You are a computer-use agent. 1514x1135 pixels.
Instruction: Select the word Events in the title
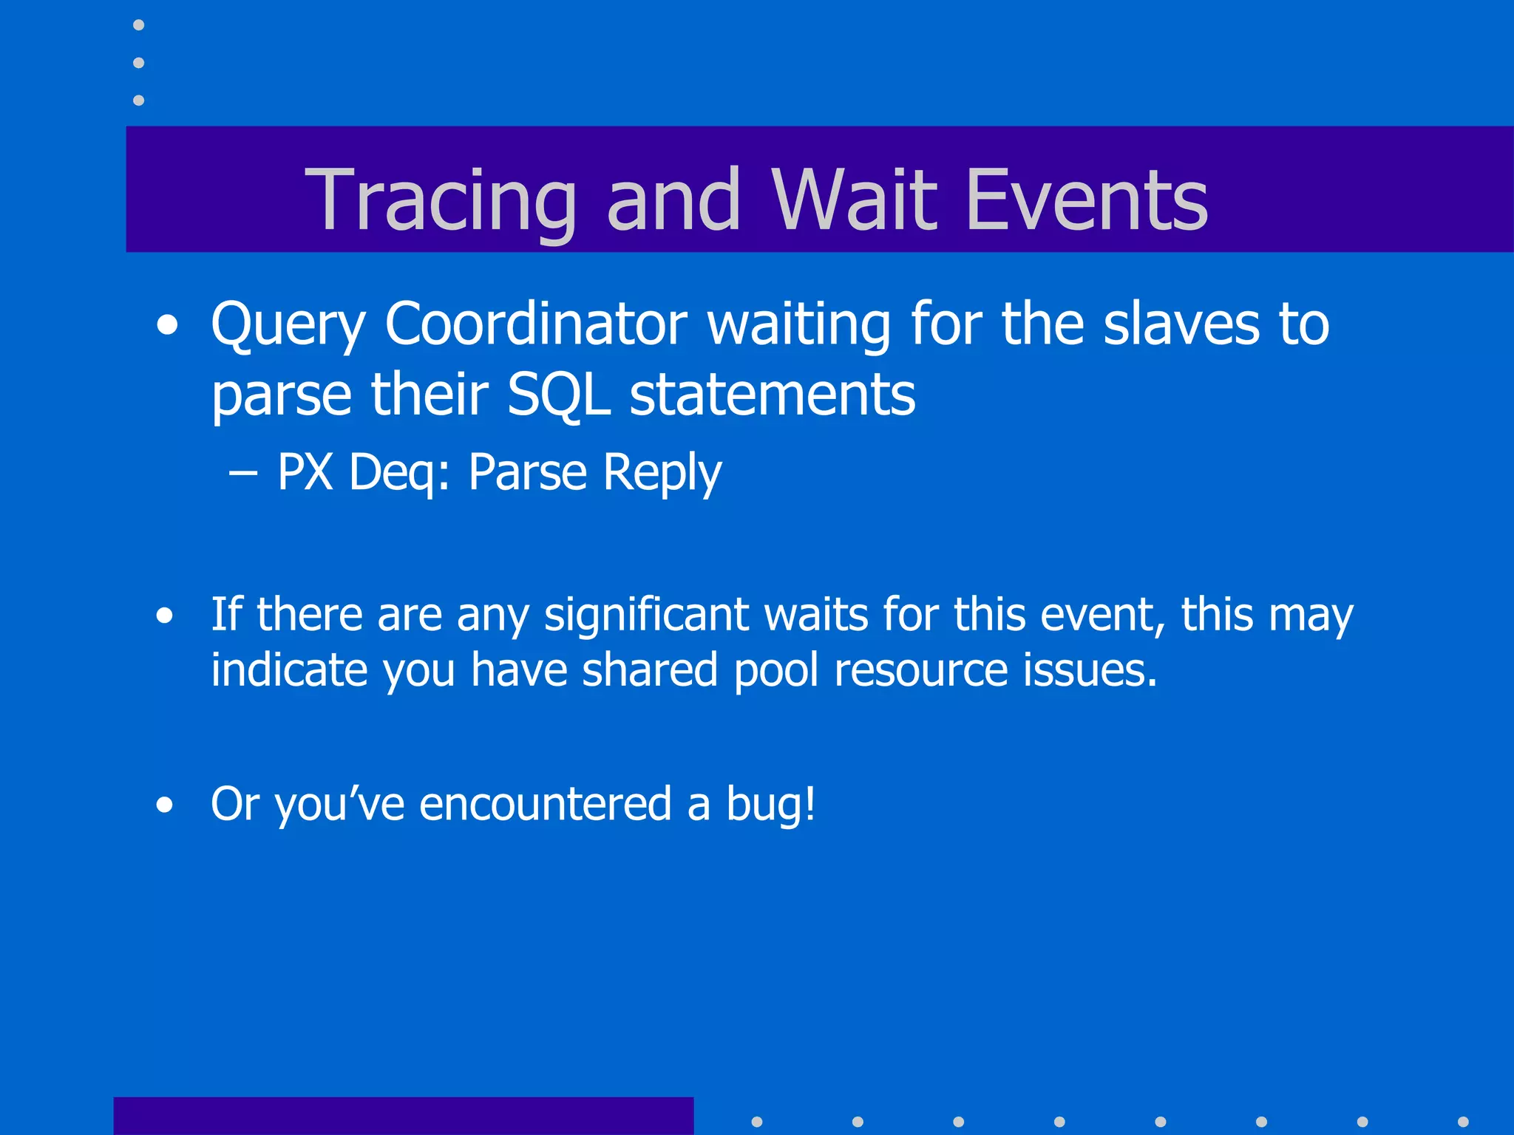[1087, 200]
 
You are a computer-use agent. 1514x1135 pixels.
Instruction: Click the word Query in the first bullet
[288, 325]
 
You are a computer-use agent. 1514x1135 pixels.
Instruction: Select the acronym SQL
[559, 395]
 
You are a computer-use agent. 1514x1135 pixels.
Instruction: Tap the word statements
[773, 395]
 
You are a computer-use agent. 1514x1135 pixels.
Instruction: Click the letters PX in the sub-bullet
[305, 471]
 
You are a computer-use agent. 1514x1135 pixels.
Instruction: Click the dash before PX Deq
[243, 473]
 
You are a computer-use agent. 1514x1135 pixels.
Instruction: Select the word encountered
[546, 804]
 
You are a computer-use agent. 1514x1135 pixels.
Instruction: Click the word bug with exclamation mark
[770, 804]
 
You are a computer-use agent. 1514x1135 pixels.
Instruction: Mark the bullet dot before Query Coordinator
[167, 326]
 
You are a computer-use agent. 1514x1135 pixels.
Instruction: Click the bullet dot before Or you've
[164, 805]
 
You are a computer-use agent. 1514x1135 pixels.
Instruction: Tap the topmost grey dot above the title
[138, 25]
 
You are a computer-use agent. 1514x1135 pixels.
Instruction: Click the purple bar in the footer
[403, 1116]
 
